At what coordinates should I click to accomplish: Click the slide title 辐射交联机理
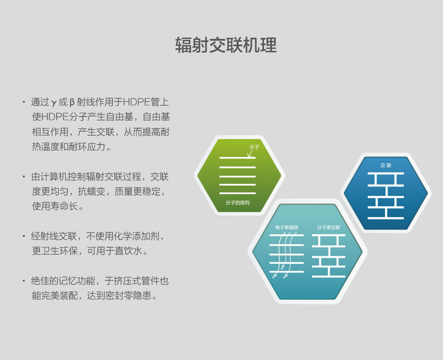(x=226, y=45)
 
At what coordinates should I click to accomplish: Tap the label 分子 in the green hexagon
(x=254, y=147)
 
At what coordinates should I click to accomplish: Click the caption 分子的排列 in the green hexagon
(x=238, y=203)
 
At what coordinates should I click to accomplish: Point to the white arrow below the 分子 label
(x=250, y=153)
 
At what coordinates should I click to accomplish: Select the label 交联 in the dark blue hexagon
(x=386, y=165)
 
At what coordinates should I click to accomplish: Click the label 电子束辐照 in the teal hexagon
(x=286, y=227)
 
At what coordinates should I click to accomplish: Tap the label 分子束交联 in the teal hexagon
(x=328, y=227)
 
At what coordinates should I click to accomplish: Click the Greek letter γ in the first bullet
(x=54, y=102)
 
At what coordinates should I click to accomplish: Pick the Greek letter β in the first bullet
(x=72, y=102)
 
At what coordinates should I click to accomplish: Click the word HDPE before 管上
(x=137, y=102)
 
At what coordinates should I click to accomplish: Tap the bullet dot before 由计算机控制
(x=24, y=177)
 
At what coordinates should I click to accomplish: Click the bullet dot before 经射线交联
(x=24, y=236)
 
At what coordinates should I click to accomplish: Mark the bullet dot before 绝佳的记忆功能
(x=24, y=281)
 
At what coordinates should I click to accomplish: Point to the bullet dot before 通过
(x=24, y=102)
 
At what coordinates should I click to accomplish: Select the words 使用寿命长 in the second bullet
(x=55, y=206)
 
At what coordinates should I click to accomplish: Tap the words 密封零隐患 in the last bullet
(x=128, y=296)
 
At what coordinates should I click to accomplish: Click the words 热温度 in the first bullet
(x=46, y=147)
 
